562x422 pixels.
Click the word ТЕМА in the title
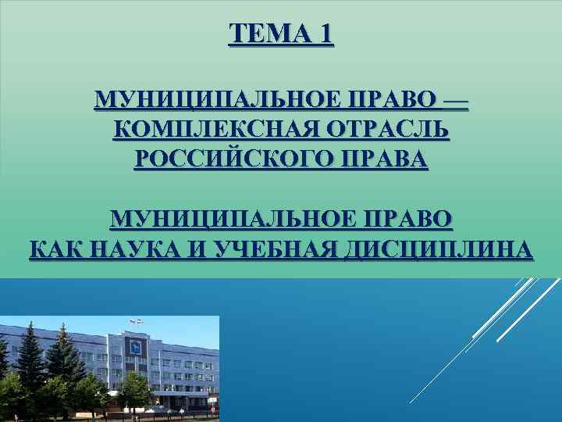pyautogui.click(x=269, y=34)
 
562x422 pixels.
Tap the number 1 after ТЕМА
pyautogui.click(x=325, y=34)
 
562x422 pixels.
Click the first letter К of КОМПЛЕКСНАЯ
pyautogui.click(x=122, y=129)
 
